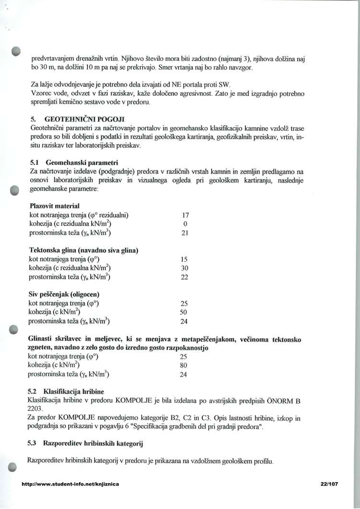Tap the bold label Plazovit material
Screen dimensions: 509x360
tap(54, 206)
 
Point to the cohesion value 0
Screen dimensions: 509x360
tap(185, 224)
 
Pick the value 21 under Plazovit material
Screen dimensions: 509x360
tap(185, 233)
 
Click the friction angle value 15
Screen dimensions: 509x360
tap(184, 259)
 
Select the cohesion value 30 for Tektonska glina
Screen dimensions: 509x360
tap(184, 268)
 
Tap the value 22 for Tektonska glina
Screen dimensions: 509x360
tap(184, 277)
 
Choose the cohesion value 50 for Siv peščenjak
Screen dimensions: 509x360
tap(184, 312)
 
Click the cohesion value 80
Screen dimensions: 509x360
tap(183, 365)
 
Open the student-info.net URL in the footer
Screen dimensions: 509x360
tap(70, 484)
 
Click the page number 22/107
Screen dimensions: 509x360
tap(329, 484)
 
